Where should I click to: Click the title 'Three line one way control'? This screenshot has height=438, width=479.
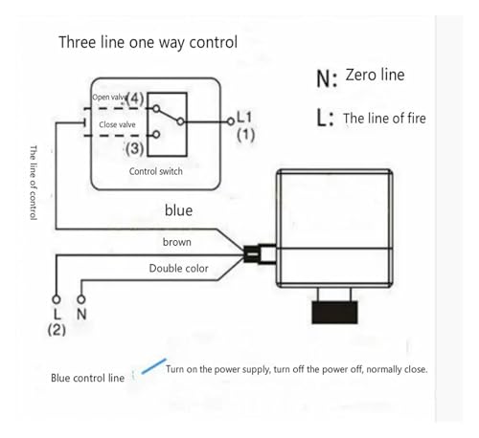[148, 42]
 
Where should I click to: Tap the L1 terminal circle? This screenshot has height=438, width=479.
[231, 121]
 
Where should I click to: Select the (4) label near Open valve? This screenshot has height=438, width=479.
[135, 99]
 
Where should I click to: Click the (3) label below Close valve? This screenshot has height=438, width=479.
[134, 148]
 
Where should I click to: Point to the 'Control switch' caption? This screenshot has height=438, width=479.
[156, 171]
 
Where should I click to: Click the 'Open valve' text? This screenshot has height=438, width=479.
[109, 97]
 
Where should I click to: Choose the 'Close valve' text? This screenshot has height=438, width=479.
[117, 124]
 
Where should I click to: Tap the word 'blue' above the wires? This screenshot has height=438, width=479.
[178, 210]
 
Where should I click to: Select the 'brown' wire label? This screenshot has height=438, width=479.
[177, 242]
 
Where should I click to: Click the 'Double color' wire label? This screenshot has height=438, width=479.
[178, 269]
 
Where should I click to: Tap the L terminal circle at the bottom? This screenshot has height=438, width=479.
[57, 299]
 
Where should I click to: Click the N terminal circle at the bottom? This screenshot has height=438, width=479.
[81, 299]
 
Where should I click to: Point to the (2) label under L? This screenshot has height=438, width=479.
[57, 329]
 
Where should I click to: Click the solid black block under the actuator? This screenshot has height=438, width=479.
[334, 313]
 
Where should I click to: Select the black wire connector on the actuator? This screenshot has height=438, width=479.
[252, 254]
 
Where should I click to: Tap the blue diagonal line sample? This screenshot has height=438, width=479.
[154, 366]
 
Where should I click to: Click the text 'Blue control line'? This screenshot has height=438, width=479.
[87, 378]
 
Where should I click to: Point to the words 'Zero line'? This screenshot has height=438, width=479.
[375, 75]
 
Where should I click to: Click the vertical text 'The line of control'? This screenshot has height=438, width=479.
[34, 183]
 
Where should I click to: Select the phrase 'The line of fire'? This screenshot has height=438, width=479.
[384, 119]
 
